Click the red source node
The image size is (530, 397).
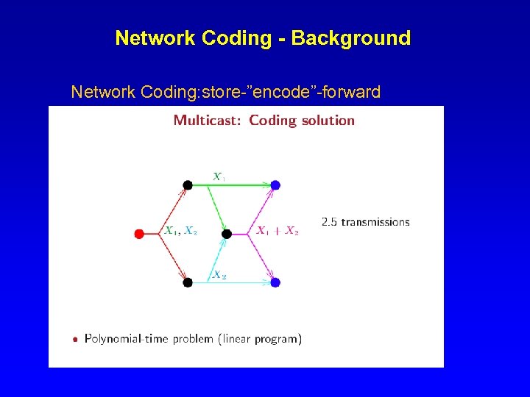[x=139, y=234]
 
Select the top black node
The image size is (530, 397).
[x=188, y=185]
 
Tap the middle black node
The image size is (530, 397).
[x=227, y=234]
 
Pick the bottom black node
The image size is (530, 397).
[x=188, y=282]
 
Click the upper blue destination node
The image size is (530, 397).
[x=275, y=185]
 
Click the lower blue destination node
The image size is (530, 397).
[x=275, y=282]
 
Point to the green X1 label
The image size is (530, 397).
[x=219, y=176]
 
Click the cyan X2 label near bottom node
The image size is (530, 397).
[x=219, y=275]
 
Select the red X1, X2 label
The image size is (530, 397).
[x=180, y=231]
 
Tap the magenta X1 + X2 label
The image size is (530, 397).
[x=278, y=231]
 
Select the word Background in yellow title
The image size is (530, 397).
[x=351, y=38]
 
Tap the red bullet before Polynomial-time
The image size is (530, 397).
[x=75, y=340]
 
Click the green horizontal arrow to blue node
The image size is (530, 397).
[x=243, y=185]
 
